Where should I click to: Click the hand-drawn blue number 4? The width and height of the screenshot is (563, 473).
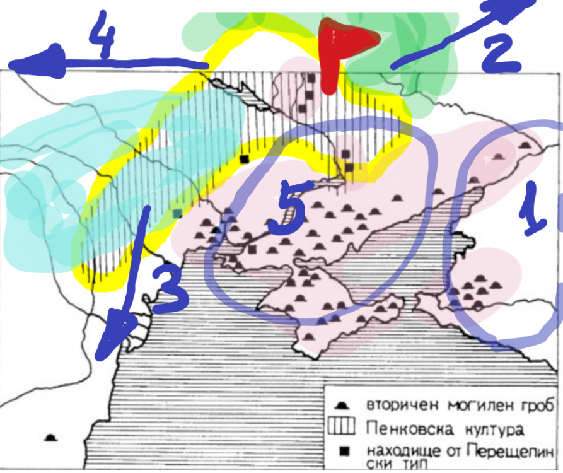point(102,34)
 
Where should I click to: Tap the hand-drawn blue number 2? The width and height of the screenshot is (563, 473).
point(501,53)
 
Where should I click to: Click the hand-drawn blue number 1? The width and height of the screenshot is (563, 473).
point(533,208)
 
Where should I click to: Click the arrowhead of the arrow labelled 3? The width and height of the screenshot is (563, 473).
point(114,336)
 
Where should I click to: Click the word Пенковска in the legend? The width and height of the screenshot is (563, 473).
point(409,429)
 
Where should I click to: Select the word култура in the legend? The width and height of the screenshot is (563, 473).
point(494,430)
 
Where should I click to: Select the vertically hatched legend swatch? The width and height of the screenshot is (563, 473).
point(341,426)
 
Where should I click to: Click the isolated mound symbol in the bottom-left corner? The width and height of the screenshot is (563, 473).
point(50,438)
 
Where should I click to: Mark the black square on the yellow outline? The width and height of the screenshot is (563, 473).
point(244,159)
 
